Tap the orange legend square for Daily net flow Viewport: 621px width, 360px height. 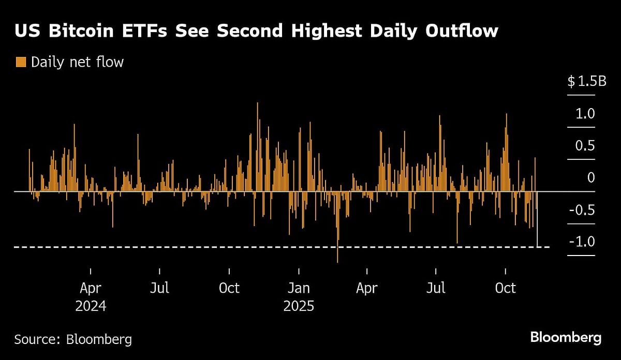pyautogui.click(x=21, y=63)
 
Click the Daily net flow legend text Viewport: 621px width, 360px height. pyautogui.click(x=77, y=63)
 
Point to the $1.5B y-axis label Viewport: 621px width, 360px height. pyautogui.click(x=587, y=81)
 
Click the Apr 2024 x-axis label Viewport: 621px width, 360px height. pyautogui.click(x=91, y=296)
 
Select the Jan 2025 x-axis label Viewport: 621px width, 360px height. pyautogui.click(x=299, y=296)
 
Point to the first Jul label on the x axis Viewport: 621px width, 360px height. pyautogui.click(x=159, y=288)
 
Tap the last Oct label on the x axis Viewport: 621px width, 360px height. pyautogui.click(x=505, y=288)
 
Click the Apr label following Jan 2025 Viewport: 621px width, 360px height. pyautogui.click(x=367, y=288)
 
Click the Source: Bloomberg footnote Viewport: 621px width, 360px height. pyautogui.click(x=73, y=339)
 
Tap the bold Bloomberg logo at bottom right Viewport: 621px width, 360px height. pyautogui.click(x=566, y=338)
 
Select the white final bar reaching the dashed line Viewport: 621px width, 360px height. pyautogui.click(x=538, y=219)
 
